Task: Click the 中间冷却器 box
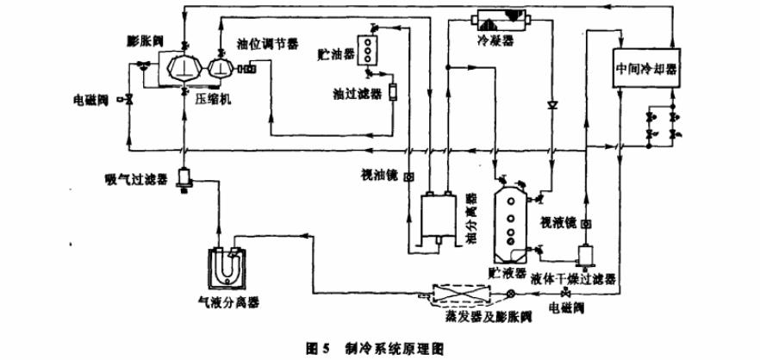[x=645, y=66]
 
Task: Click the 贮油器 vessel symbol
[x=372, y=49]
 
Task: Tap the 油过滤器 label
[x=355, y=90]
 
